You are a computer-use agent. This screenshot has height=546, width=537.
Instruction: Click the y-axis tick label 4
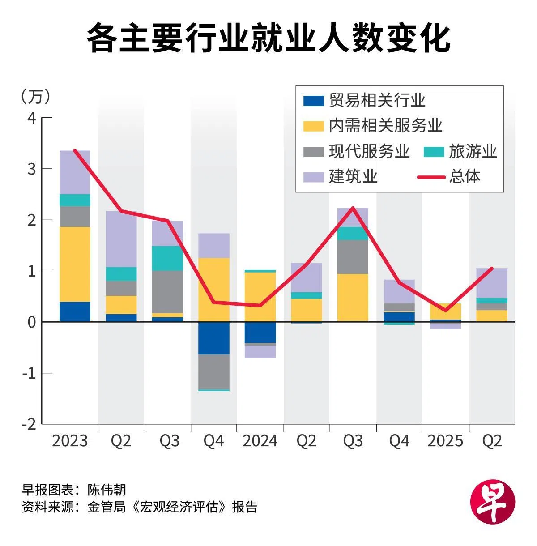tap(31, 118)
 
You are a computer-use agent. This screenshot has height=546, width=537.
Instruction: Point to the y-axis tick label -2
tap(29, 424)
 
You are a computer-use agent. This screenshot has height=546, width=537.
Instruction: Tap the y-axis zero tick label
tap(31, 322)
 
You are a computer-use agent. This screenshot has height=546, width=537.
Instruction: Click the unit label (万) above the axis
tap(36, 96)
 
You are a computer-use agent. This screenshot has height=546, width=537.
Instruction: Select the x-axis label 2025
tap(445, 441)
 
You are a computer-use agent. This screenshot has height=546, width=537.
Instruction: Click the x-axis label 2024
tap(260, 441)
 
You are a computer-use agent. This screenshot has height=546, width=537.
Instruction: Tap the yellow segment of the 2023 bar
tap(75, 264)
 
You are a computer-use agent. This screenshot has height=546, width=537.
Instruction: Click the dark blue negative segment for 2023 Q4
tap(213, 338)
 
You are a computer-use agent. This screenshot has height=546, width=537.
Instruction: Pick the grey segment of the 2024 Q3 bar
tap(353, 257)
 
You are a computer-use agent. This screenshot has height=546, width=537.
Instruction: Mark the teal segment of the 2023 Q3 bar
tap(167, 258)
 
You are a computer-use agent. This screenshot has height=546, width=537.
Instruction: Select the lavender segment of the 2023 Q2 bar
tap(121, 239)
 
